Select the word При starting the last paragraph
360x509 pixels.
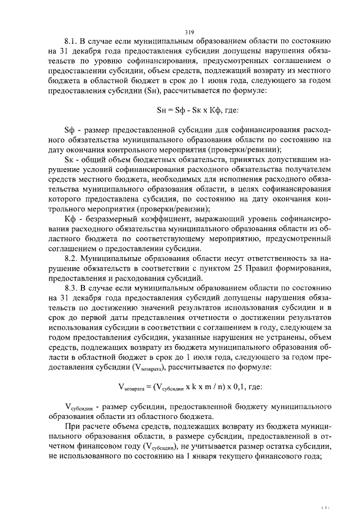click(72, 427)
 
